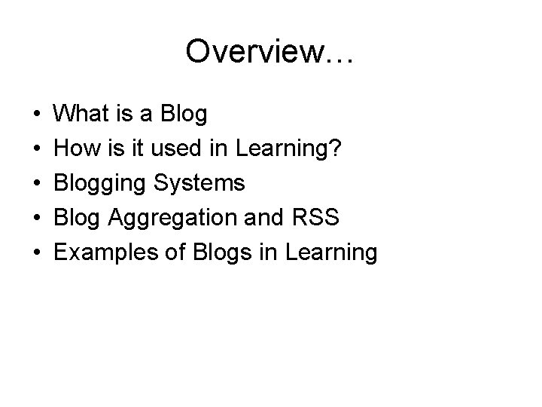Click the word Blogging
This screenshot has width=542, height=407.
(105, 184)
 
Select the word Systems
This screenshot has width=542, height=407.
(202, 183)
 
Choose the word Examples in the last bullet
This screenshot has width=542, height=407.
(105, 252)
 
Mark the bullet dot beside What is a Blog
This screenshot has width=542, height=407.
(37, 115)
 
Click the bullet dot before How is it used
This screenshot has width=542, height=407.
(37, 149)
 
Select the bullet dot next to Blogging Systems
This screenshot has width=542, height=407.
(37, 184)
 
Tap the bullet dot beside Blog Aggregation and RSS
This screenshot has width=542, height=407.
(37, 219)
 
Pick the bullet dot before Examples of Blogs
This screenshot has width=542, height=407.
(37, 253)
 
